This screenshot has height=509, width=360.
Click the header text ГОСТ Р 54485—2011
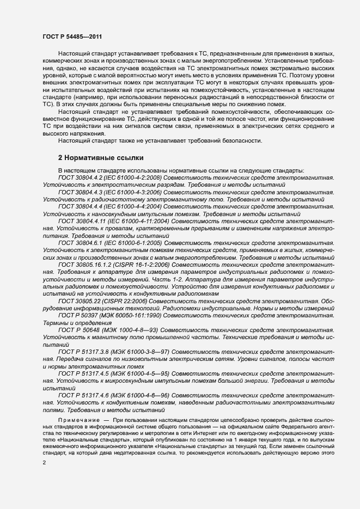(x=72, y=36)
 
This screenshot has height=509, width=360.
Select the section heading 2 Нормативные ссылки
(x=101, y=158)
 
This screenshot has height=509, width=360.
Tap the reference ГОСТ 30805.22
(x=78, y=301)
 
